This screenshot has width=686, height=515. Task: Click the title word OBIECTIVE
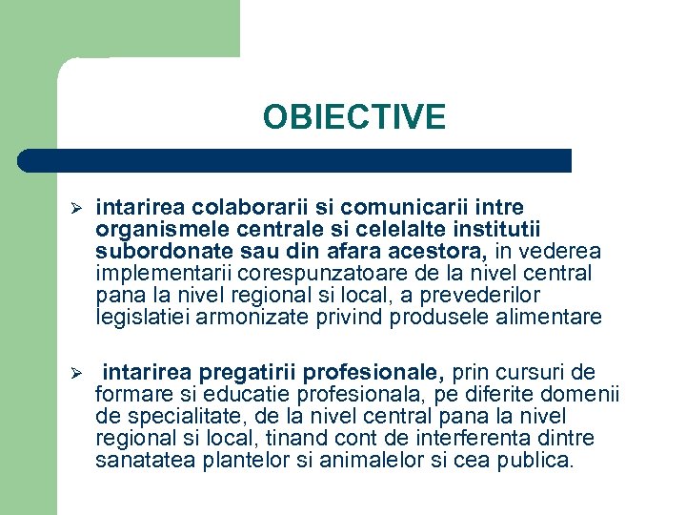(x=354, y=117)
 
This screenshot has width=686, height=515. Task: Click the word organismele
(x=159, y=229)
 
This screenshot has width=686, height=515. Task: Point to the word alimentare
(x=554, y=317)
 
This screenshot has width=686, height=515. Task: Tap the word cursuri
(x=530, y=371)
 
